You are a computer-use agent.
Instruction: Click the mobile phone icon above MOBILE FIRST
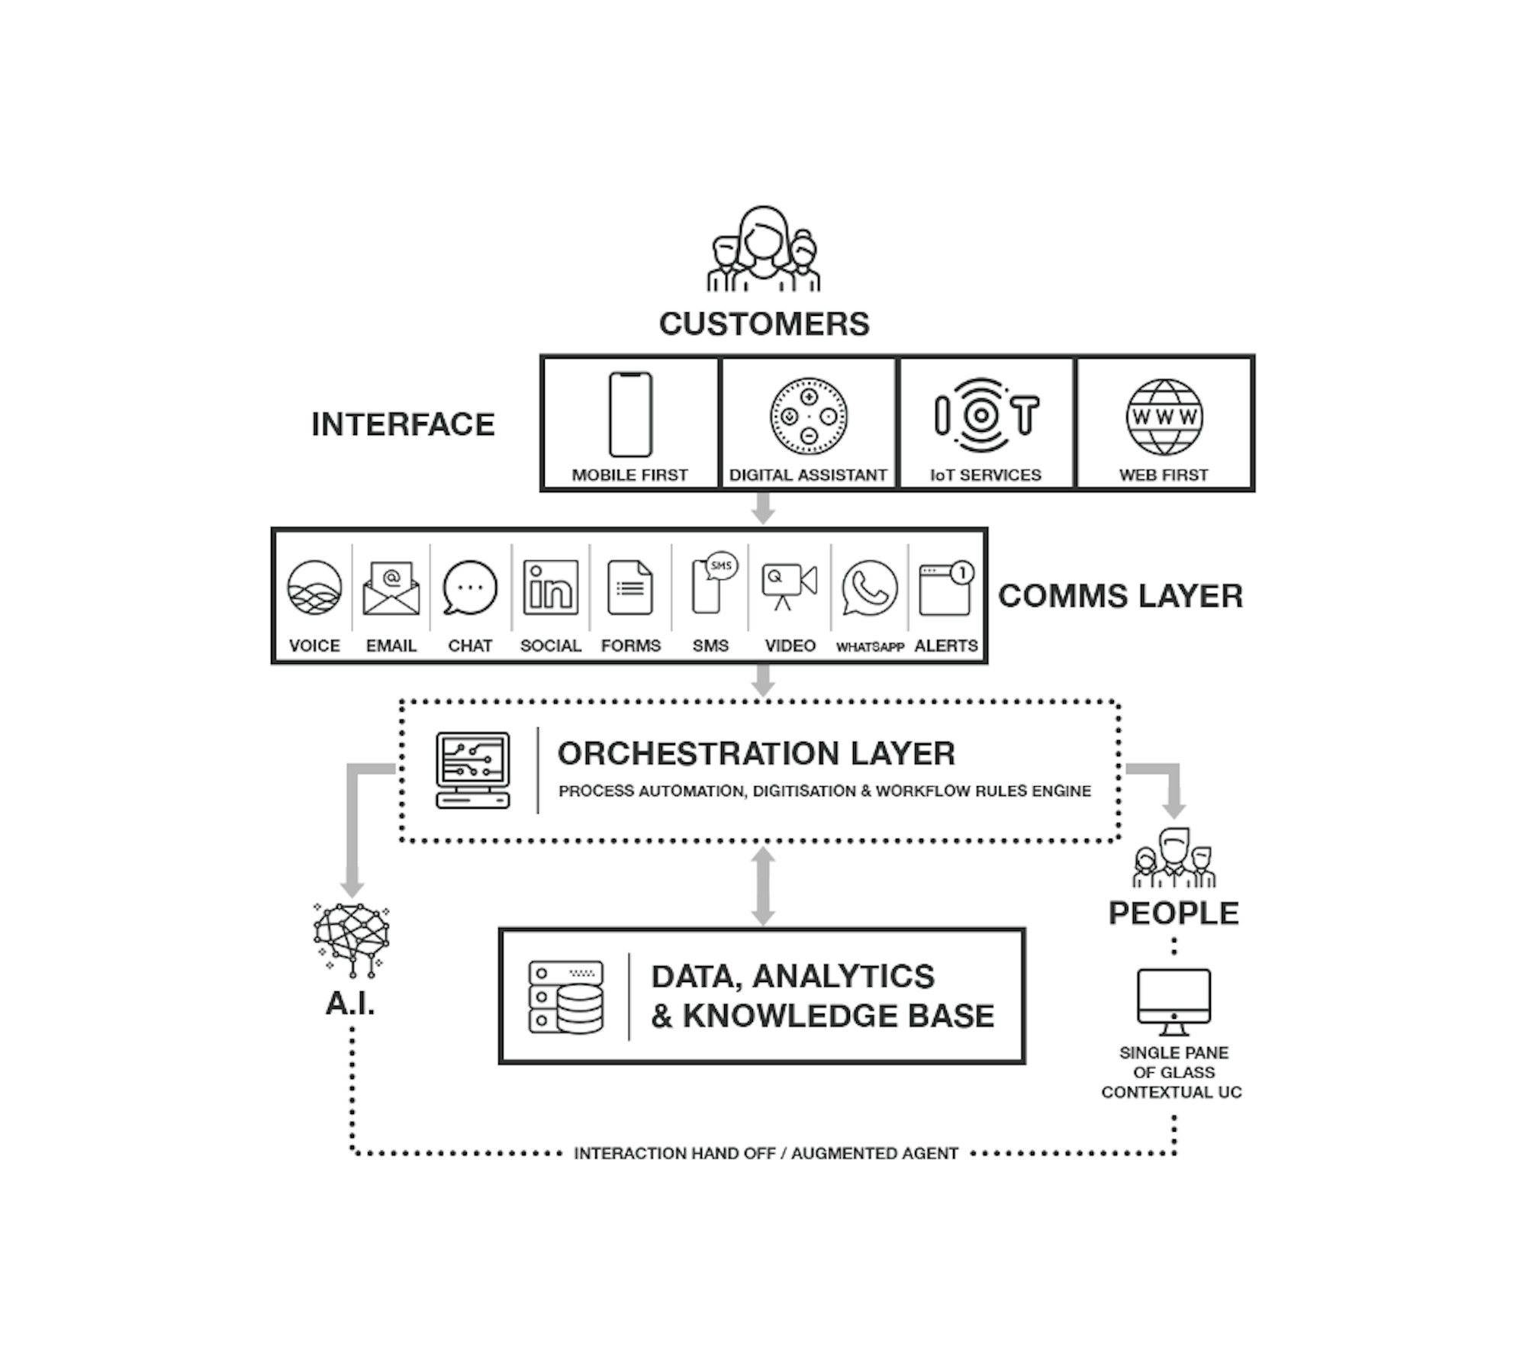(x=630, y=414)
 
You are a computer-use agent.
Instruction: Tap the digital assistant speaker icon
(x=808, y=416)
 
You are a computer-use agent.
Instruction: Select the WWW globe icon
(x=1164, y=417)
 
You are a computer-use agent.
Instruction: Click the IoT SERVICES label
(x=985, y=475)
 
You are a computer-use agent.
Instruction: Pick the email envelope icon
(x=391, y=588)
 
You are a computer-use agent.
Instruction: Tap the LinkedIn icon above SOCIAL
(x=550, y=588)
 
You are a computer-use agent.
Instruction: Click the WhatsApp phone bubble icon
(x=870, y=588)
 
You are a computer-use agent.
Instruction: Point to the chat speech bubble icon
(x=470, y=588)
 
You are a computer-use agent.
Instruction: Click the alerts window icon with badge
(x=946, y=588)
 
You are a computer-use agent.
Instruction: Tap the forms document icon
(x=630, y=588)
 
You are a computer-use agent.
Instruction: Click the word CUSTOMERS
(x=764, y=324)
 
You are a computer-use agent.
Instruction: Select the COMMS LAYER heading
(x=1120, y=596)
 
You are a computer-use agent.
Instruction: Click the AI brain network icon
(x=351, y=939)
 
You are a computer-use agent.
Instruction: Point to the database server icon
(x=566, y=997)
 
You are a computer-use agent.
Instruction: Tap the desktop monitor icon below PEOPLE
(x=1173, y=1001)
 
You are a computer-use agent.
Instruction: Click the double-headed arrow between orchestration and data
(x=763, y=886)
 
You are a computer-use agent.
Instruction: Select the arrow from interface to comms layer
(x=763, y=508)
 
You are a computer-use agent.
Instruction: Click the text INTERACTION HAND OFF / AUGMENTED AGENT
(x=765, y=1153)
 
